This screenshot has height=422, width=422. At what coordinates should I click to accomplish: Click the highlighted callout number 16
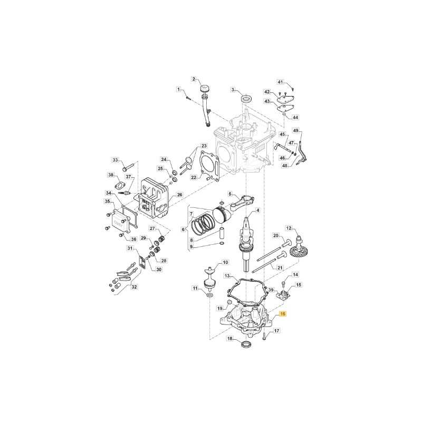click(x=283, y=314)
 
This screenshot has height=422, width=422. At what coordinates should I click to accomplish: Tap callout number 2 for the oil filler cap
click(x=194, y=79)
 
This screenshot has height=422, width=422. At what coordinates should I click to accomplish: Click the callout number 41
click(x=281, y=82)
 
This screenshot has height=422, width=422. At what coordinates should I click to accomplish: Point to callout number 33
click(x=115, y=160)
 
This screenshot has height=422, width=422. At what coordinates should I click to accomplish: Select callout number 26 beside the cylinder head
click(x=179, y=195)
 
